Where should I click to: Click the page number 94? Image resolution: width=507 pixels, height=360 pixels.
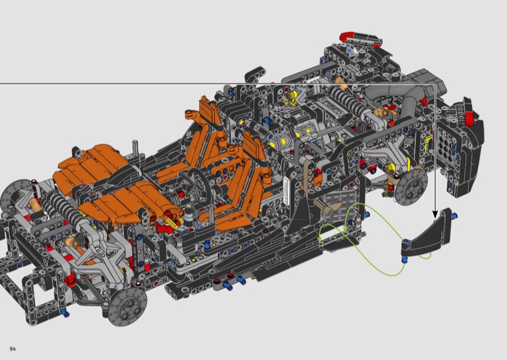click(x=13, y=349)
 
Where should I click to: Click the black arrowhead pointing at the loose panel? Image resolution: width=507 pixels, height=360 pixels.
click(x=435, y=214)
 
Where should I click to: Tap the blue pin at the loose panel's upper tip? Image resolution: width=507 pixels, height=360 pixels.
click(x=455, y=215)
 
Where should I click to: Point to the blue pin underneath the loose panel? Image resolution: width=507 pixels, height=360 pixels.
click(x=403, y=259)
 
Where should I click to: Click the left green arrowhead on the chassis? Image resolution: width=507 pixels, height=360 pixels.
click(x=320, y=240)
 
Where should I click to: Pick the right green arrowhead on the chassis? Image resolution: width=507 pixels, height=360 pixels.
click(x=345, y=229)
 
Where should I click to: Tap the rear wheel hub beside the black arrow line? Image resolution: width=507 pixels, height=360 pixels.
click(x=411, y=186)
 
